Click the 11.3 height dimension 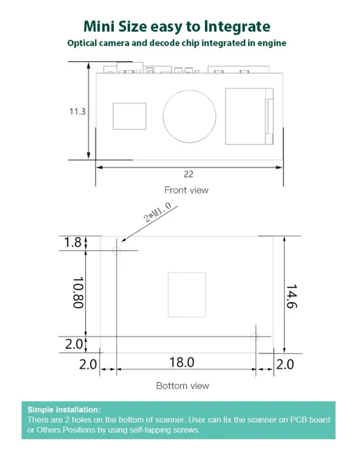coord(77,111)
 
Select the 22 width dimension coord(188,174)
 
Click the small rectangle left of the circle coord(130,116)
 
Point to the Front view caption coord(186,190)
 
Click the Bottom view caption coord(182,386)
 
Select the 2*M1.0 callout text coord(157,212)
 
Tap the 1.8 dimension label coord(73,242)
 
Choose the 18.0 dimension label coord(182,363)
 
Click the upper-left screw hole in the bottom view coord(116,251)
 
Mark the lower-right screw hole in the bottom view coord(255,336)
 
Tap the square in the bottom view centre coord(187,295)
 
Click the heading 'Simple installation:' coord(64,409)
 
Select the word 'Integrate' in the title coord(236,26)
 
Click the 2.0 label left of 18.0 coord(88,365)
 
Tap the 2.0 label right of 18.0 coord(285,365)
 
